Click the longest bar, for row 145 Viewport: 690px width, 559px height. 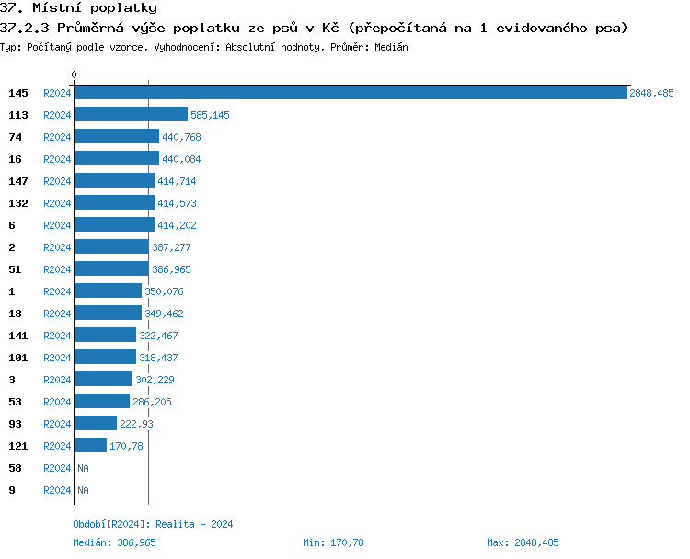coord(350,93)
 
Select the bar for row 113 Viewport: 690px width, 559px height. coord(131,115)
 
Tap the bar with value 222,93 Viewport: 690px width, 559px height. coord(96,424)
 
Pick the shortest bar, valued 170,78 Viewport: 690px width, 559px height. coord(90,446)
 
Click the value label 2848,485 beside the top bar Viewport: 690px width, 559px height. coord(651,93)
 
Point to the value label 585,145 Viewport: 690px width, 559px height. coord(210,115)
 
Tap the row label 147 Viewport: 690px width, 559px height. coord(18,181)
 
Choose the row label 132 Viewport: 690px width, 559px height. coord(18,203)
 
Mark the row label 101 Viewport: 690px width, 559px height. coord(18,358)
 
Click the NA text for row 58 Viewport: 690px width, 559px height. coord(83,468)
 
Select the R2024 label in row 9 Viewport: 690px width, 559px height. coord(57,490)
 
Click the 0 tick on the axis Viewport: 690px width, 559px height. coord(75,74)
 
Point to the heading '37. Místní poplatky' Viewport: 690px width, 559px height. coord(72,8)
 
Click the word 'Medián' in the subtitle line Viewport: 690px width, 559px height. coord(391,46)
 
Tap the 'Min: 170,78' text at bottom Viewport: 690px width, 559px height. coord(333,542)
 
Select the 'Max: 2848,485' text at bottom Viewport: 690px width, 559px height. coord(523,542)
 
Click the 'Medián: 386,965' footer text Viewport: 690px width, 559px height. coord(114,542)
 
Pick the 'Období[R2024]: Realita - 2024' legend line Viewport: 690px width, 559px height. coord(153,524)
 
